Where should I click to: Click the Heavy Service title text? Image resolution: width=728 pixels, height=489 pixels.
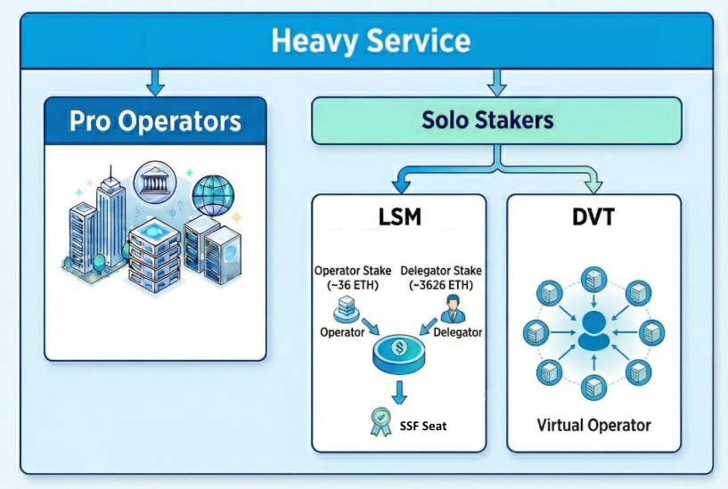coord(370,40)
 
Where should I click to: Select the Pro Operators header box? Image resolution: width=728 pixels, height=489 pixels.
coord(155,120)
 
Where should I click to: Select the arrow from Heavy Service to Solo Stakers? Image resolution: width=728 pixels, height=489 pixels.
coord(495,82)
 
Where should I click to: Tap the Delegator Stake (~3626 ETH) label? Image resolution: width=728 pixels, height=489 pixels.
coord(441,277)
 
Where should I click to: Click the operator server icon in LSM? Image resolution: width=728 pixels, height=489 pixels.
coord(345,309)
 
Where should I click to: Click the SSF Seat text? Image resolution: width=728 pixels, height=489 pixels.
coord(422,427)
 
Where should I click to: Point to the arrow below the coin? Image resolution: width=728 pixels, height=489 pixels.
coord(399,390)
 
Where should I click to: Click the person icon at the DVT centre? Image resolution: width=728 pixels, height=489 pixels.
coord(592,330)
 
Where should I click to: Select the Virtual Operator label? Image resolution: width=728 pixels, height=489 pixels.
coord(593,425)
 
